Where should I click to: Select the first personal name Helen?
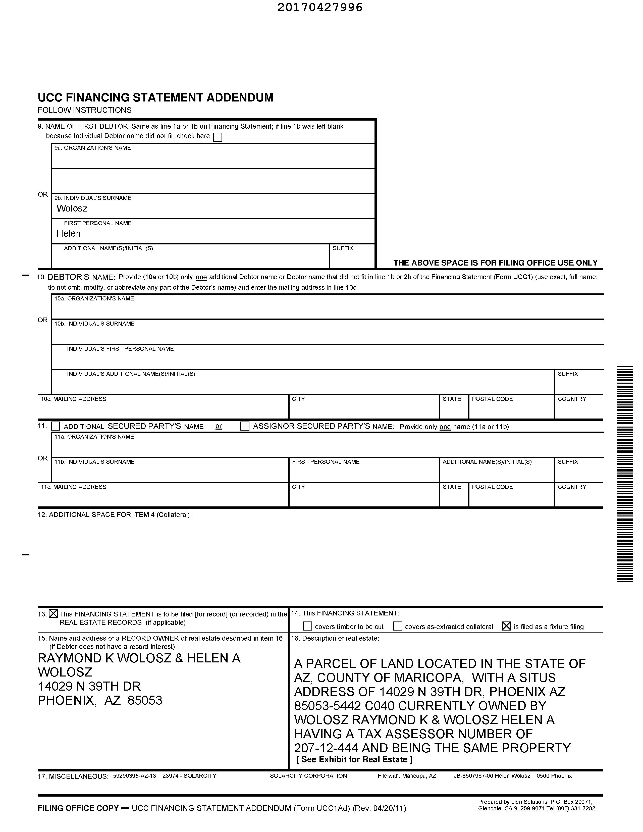pyautogui.click(x=69, y=234)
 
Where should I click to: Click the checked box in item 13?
pyautogui.click(x=53, y=614)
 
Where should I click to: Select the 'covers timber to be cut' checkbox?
pyautogui.click(x=307, y=626)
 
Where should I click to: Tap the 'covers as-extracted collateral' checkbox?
pyautogui.click(x=397, y=626)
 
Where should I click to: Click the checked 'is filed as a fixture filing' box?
pyautogui.click(x=506, y=626)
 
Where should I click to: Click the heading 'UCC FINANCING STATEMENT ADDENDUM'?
pyautogui.click(x=155, y=97)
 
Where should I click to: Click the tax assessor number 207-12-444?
pyautogui.click(x=326, y=748)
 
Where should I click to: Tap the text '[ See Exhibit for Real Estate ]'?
pyautogui.click(x=354, y=759)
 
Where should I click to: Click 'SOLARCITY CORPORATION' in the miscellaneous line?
pyautogui.click(x=308, y=776)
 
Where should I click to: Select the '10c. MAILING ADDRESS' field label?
pyautogui.click(x=74, y=399)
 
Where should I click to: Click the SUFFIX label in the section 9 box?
pyautogui.click(x=343, y=248)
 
